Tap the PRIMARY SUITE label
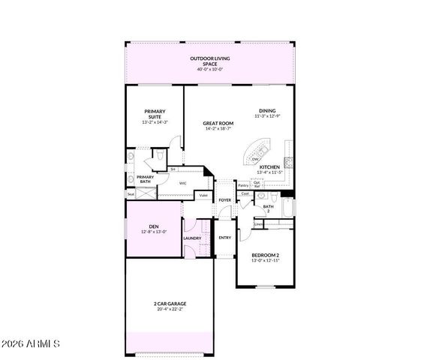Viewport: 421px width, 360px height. coord(155,114)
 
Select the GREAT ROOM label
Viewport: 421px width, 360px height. coord(218,123)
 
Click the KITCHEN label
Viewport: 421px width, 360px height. coord(269,166)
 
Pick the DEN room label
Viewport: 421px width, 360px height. coord(153,226)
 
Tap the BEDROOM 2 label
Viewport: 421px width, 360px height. coord(266,254)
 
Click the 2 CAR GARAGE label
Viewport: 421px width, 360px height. coord(169,303)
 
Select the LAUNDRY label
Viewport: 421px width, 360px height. coord(191,238)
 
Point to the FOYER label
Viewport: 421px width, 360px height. coord(224,200)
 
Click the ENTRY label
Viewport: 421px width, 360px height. coord(224,238)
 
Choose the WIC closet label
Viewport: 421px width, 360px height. coord(182,182)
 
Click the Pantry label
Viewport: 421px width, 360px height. coord(243,185)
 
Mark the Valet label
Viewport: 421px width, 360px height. coord(203,196)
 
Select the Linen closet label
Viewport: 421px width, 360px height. coord(259,223)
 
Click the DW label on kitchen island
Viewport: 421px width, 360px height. coord(255,160)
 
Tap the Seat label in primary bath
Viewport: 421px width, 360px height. coord(131,194)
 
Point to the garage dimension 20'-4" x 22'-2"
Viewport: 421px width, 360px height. coord(169,308)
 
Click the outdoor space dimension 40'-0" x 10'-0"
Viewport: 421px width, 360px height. coord(210,70)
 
